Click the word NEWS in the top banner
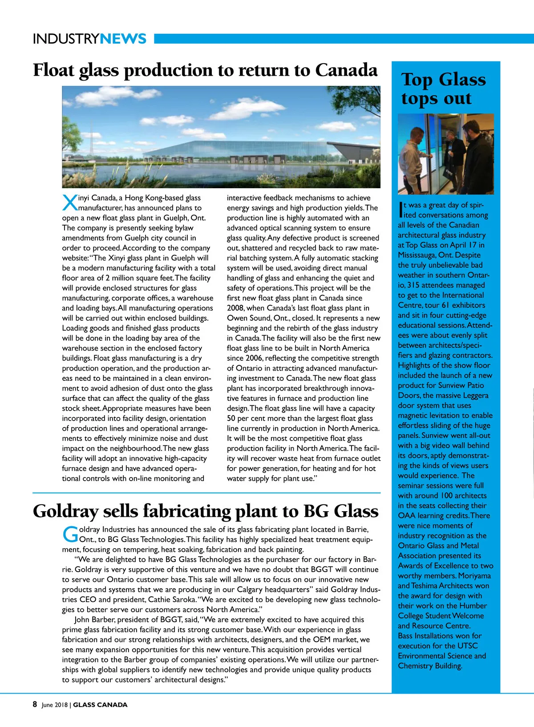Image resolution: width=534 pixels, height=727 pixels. [x=123, y=39]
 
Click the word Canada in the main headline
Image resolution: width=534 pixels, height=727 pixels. [x=346, y=70]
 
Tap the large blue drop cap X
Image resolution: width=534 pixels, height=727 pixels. [x=69, y=202]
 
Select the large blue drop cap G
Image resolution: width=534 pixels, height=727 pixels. [x=70, y=534]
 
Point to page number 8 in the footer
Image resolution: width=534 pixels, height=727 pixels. [x=35, y=704]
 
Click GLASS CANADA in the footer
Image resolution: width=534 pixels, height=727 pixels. [x=100, y=705]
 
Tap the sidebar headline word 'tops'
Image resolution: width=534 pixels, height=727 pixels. [x=421, y=98]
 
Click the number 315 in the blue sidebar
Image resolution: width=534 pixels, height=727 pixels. [x=413, y=285]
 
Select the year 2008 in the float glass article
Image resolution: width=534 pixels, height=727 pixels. [x=235, y=308]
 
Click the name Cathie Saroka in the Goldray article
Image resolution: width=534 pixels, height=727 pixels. [x=171, y=599]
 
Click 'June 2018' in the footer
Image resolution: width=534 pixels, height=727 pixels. [x=55, y=705]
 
